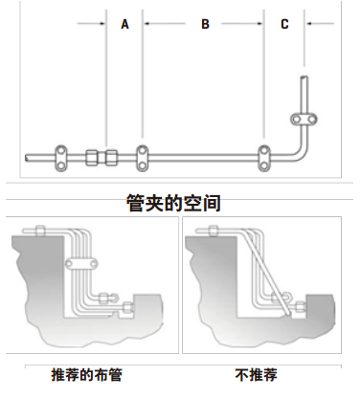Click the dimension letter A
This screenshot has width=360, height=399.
tap(124, 24)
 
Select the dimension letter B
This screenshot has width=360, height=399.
tap(205, 24)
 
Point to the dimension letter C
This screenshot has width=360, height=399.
tap(284, 24)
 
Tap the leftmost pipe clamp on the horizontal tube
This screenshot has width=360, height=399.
tap(61, 158)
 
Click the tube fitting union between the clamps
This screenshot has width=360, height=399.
tap(101, 158)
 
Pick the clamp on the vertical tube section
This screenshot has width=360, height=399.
tap(304, 120)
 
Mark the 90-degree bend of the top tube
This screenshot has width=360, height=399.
tap(299, 152)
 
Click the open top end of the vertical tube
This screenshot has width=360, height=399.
tap(304, 77)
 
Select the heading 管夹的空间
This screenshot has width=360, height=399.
tap(173, 203)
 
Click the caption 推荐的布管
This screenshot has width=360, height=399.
tap(86, 375)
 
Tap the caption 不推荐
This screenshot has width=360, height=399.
tap(256, 375)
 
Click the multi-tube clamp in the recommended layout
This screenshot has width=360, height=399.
tap(81, 264)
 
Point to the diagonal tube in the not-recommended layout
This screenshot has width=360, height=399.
tap(267, 274)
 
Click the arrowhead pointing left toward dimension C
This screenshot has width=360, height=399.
tap(308, 23)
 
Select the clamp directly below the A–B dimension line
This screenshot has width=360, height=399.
tap(143, 158)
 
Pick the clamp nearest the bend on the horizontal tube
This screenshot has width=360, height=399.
tap(264, 158)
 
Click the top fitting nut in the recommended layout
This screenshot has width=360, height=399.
tap(40, 231)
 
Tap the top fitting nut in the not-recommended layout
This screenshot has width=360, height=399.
tap(214, 231)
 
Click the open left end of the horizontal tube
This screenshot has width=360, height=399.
tap(27, 158)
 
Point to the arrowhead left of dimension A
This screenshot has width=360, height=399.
tap(102, 23)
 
